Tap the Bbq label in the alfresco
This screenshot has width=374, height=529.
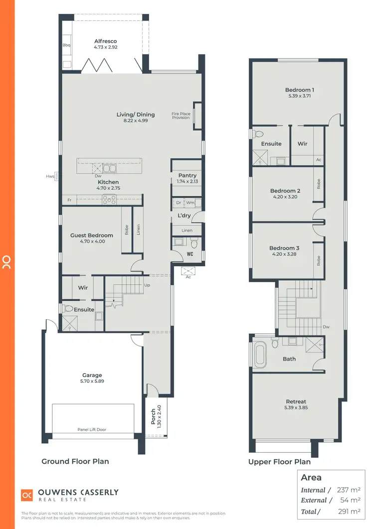(66, 45)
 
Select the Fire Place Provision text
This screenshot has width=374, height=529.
(181, 116)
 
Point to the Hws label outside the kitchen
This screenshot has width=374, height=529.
(50, 176)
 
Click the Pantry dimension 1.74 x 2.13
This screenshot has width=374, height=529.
(187, 181)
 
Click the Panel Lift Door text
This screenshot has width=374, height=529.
(92, 429)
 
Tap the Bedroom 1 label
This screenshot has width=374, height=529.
(299, 90)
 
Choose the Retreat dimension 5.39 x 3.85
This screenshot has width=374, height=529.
(296, 407)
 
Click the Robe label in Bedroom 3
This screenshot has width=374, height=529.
(318, 260)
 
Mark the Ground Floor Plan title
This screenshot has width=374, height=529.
(75, 461)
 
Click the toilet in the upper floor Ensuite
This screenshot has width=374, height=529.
(257, 134)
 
